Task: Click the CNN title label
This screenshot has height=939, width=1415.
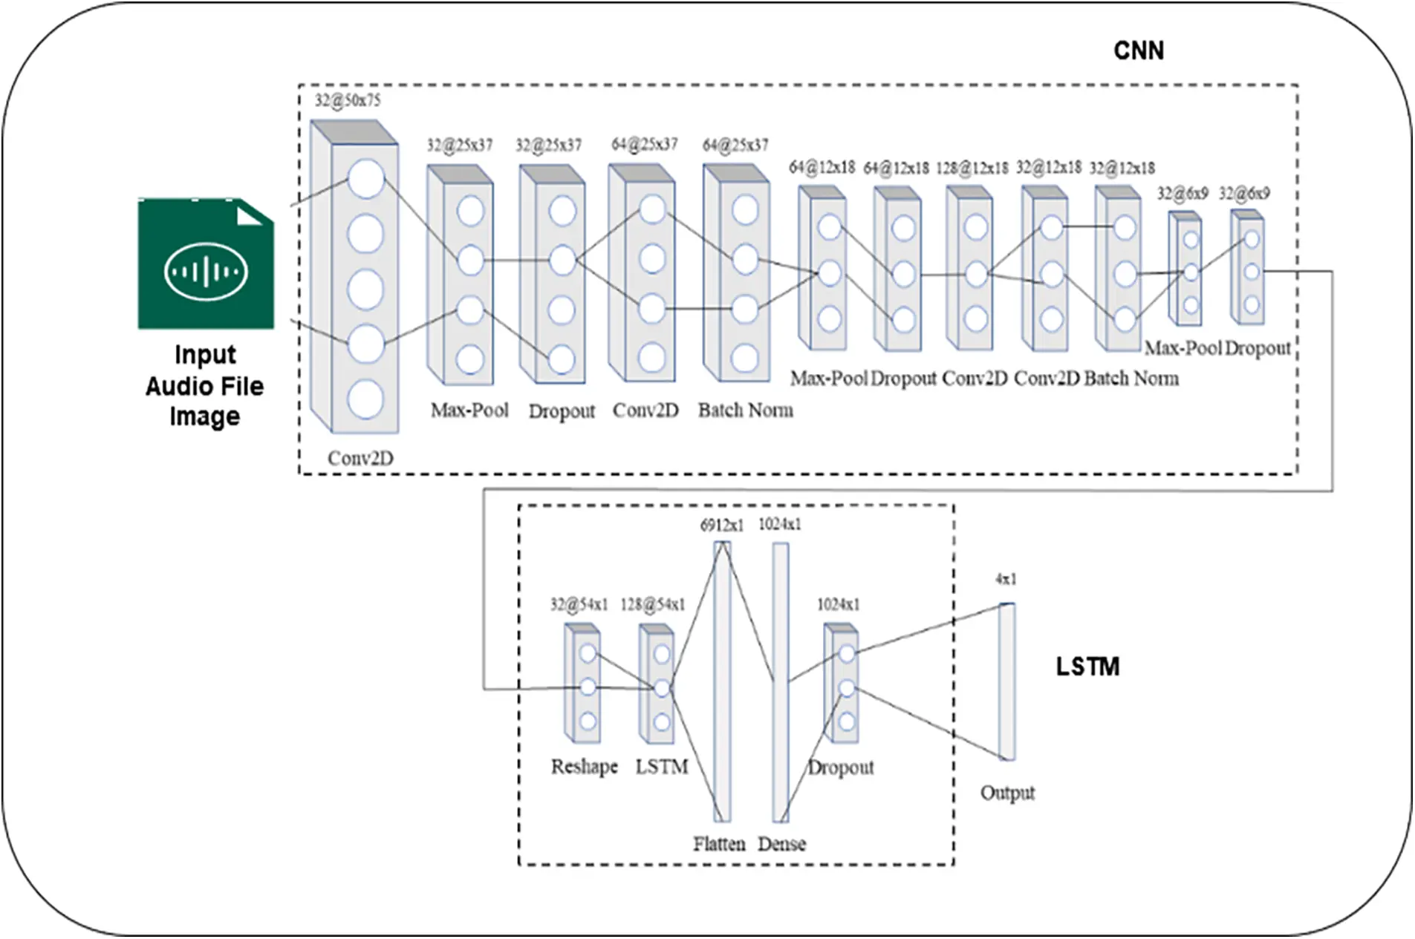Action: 1138,50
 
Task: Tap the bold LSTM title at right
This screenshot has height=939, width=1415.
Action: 1087,666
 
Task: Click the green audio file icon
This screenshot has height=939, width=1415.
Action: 205,264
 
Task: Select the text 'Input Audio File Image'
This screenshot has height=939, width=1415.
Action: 204,385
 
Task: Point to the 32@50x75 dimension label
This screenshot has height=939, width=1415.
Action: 347,100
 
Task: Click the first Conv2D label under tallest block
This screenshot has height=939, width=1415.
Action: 360,458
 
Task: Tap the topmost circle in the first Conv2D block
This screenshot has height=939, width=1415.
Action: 365,179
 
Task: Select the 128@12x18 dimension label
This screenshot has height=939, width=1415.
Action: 972,168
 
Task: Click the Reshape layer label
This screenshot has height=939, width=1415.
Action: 584,766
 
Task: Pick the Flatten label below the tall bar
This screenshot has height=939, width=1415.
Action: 718,843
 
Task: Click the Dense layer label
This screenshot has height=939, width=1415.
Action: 781,843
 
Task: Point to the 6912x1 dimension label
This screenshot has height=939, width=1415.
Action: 721,526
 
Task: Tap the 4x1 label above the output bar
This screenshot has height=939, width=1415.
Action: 1006,579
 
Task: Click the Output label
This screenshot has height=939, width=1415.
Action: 1007,793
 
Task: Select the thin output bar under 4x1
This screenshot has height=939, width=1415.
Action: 1006,681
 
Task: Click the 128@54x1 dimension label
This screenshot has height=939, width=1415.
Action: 652,605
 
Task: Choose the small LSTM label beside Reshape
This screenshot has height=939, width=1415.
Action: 661,766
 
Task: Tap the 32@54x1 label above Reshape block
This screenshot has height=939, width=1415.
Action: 579,605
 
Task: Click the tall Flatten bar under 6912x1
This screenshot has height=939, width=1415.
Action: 722,681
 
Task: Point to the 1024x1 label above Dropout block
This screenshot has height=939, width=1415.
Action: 838,605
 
